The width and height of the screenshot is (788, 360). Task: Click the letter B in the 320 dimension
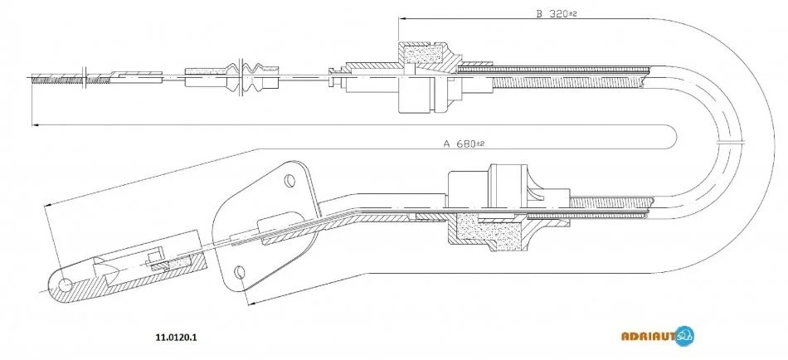pyautogui.click(x=538, y=14)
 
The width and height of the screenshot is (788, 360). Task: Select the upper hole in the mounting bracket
pyautogui.click(x=289, y=178)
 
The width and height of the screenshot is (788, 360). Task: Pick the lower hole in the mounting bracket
pyautogui.click(x=240, y=271)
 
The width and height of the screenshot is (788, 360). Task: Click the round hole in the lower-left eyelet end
pyautogui.click(x=65, y=285)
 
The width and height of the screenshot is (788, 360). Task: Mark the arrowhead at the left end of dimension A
pyautogui.click(x=36, y=125)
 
